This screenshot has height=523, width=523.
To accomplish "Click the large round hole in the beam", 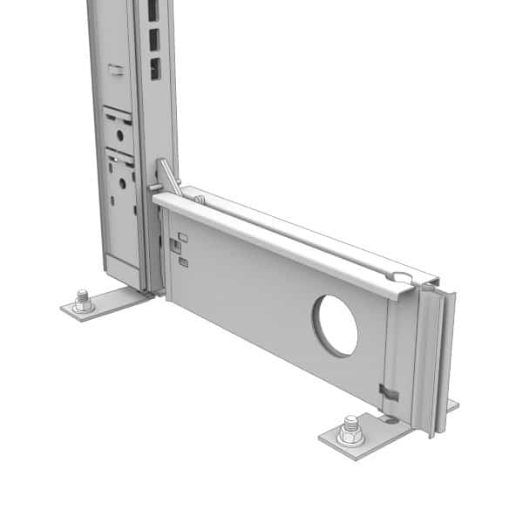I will (336, 324).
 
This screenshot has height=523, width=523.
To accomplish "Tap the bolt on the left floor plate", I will (83, 301).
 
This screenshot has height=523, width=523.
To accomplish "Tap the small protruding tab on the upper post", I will (115, 66).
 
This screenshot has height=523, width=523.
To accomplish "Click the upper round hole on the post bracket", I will (119, 136).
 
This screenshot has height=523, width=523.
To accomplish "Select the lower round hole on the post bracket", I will (122, 181).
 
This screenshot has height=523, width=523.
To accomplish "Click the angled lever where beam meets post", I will (168, 178).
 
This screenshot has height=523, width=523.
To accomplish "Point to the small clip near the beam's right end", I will (389, 392).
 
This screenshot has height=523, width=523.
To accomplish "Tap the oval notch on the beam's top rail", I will (400, 277).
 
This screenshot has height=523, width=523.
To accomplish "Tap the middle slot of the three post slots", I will (153, 39).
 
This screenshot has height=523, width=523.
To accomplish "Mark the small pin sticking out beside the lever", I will (153, 186).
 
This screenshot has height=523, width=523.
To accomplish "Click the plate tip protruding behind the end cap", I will (452, 404).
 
